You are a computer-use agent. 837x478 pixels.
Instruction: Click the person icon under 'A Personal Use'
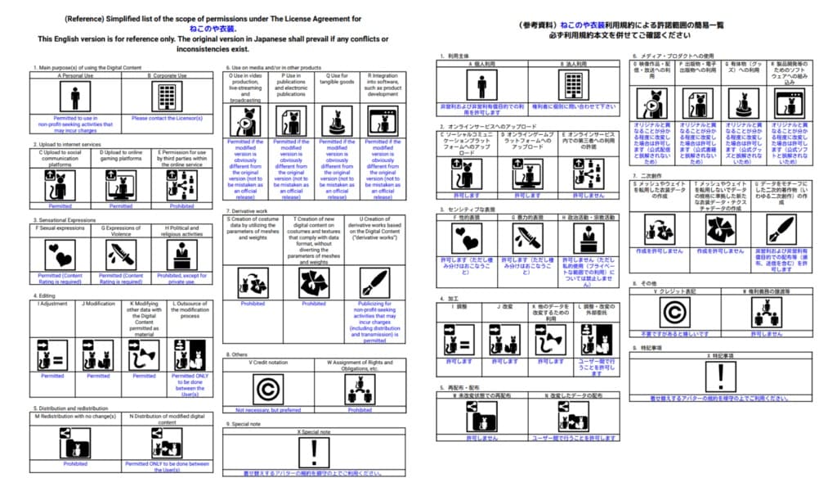click(75, 98)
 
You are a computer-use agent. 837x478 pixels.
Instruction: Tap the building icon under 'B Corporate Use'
click(167, 98)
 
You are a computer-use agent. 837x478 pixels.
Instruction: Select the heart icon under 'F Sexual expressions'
click(60, 255)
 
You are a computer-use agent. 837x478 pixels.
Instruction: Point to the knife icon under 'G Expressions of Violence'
click(121, 255)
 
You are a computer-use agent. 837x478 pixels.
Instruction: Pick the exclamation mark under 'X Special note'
click(314, 451)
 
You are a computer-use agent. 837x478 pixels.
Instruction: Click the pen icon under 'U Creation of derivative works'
click(374, 282)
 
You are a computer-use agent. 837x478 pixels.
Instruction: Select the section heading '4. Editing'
click(45, 295)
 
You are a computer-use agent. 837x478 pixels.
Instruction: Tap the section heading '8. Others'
click(238, 354)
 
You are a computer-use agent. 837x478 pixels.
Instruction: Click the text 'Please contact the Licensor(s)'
click(167, 119)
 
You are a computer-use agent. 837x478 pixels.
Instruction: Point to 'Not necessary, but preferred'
click(268, 409)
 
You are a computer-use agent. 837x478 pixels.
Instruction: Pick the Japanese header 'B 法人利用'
click(575, 63)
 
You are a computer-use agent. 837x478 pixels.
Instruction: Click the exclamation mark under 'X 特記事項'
click(720, 377)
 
